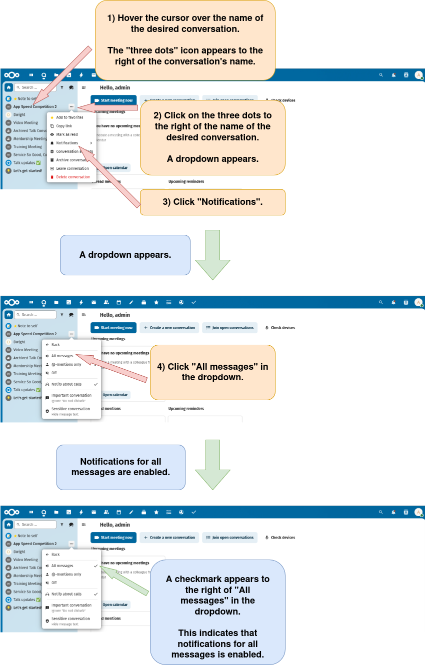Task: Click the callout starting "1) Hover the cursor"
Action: click(x=185, y=40)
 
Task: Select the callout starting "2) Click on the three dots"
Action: click(x=212, y=137)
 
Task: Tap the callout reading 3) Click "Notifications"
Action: click(x=212, y=202)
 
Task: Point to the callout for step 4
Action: click(x=212, y=372)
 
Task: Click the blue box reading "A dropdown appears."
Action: click(x=125, y=255)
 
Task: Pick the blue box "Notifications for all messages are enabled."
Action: click(x=120, y=467)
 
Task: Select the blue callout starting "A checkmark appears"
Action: click(x=217, y=612)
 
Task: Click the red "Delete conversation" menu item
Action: click(x=73, y=177)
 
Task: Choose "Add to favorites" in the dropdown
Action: click(x=69, y=117)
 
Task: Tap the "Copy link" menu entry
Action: click(x=64, y=126)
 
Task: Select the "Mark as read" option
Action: click(x=67, y=134)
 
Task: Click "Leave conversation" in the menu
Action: click(x=72, y=168)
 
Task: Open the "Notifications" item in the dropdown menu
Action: click(x=67, y=143)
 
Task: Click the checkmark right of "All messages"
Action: click(x=95, y=566)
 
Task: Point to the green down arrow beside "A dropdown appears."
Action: click(x=212, y=255)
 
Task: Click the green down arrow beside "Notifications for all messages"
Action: click(x=212, y=465)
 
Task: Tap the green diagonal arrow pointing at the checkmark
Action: click(x=125, y=580)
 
